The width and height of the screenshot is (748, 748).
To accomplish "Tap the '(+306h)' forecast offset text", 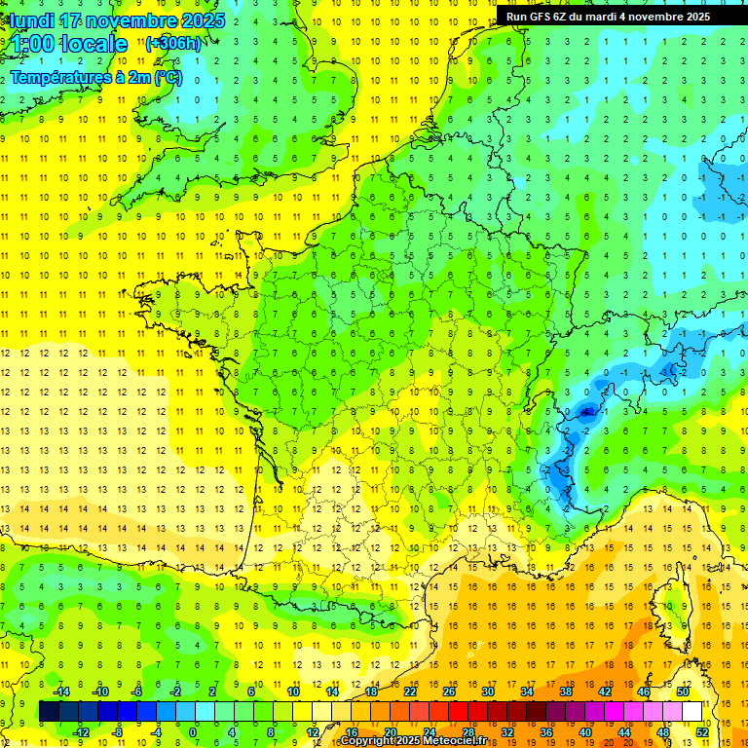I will click(x=173, y=43).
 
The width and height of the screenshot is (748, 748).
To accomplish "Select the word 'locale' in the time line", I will click(x=93, y=44).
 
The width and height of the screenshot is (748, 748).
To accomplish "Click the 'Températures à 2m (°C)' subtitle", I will click(x=95, y=77).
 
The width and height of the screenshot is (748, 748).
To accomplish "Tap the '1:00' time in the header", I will click(x=31, y=44).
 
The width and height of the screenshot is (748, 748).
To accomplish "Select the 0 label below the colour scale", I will click(x=192, y=732).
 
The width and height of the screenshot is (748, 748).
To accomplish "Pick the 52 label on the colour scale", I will click(x=702, y=732).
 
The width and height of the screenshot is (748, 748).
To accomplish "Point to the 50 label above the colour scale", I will click(x=682, y=692).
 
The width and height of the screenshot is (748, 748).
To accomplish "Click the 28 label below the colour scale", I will click(x=468, y=732).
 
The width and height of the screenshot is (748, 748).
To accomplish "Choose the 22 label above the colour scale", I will click(x=410, y=692).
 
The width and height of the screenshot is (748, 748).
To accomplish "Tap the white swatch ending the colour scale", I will click(x=692, y=712).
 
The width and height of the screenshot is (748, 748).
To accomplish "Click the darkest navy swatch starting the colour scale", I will click(x=49, y=712).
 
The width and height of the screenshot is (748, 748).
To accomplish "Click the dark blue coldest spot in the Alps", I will click(x=585, y=412).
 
